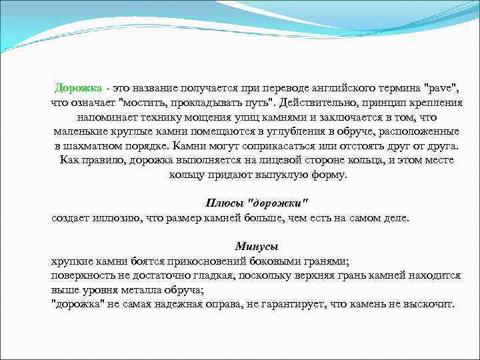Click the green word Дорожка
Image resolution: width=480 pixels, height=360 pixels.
click(79, 88)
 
